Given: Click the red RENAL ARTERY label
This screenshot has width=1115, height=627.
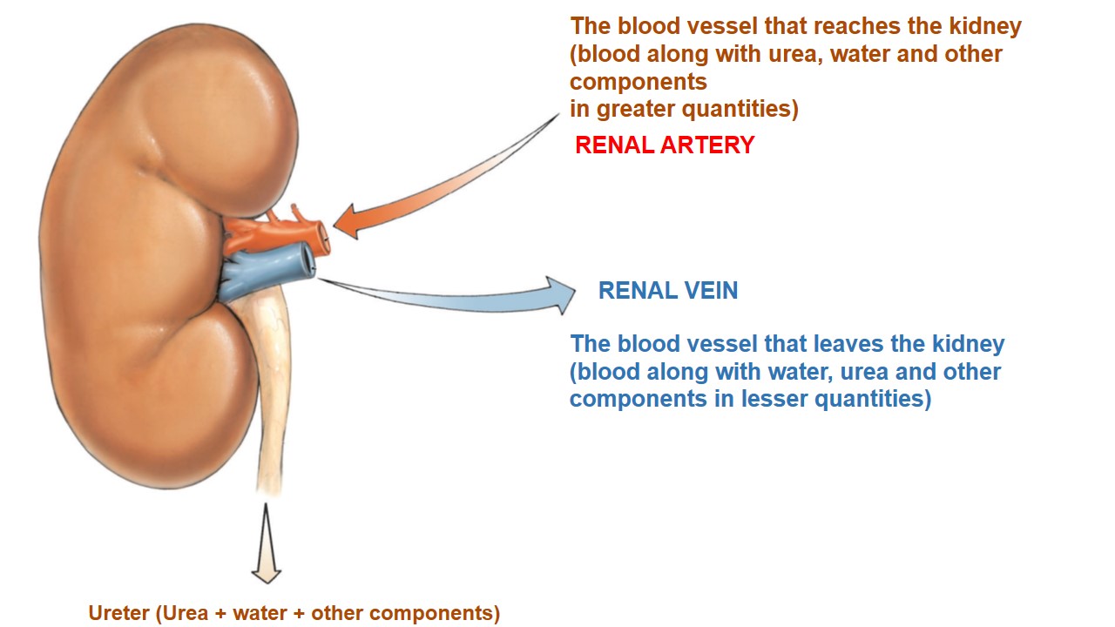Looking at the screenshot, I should point(665,145).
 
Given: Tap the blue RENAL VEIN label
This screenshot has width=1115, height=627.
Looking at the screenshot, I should point(668,291).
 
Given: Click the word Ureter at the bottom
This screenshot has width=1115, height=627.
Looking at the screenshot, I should point(119,613).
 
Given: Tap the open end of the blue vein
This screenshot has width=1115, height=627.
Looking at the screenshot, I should point(307,260).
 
